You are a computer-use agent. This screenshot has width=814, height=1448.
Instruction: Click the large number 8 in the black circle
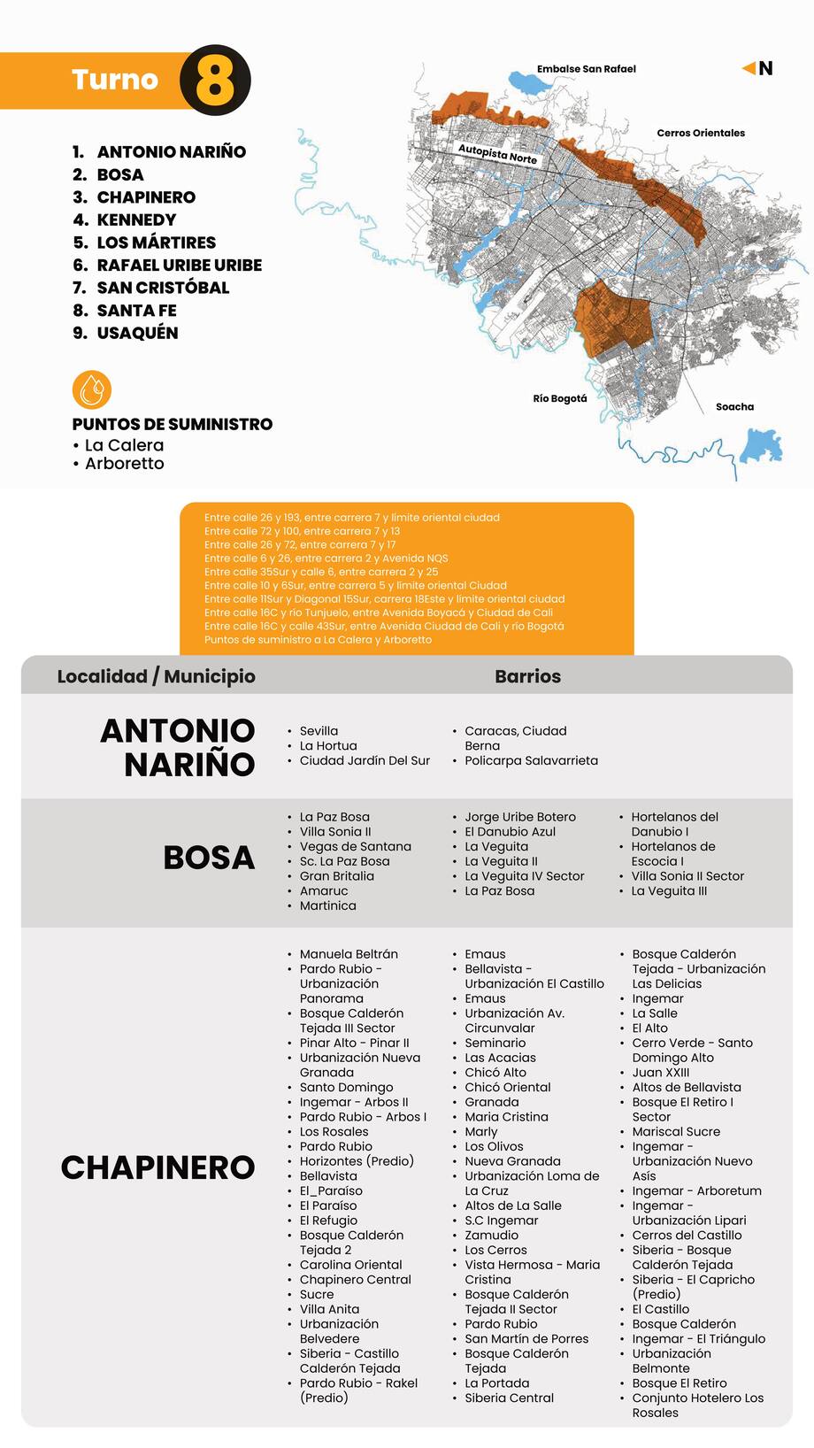pos(215,81)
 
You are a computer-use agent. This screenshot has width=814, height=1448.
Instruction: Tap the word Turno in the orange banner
pos(115,80)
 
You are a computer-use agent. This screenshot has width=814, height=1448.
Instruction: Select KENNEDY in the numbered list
pos(136,220)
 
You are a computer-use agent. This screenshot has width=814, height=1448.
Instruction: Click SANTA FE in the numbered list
pos(136,310)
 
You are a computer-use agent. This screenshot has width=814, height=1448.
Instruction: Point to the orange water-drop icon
pos(92,389)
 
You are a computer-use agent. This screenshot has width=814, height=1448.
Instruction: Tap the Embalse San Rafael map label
pos(586,69)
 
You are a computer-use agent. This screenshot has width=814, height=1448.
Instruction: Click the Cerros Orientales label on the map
pos(700,133)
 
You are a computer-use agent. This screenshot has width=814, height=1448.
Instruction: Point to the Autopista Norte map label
pos(497,154)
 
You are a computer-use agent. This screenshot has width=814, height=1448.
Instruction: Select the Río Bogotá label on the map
pos(559,398)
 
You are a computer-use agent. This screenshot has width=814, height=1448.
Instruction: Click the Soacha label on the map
pos(734,407)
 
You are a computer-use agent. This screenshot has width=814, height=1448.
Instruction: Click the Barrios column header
pos(527,676)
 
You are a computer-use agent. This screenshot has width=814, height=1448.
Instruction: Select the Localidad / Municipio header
pos(156,676)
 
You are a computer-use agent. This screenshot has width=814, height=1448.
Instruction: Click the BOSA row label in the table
pos(209,858)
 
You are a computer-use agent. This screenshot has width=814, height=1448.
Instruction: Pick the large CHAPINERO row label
pos(157,1167)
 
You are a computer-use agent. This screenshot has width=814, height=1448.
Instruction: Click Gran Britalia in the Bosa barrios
pos(336,876)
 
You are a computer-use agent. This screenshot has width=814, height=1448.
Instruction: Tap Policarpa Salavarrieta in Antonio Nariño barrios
pos(531,760)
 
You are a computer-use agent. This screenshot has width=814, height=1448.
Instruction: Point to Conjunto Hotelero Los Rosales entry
pos(697,1406)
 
